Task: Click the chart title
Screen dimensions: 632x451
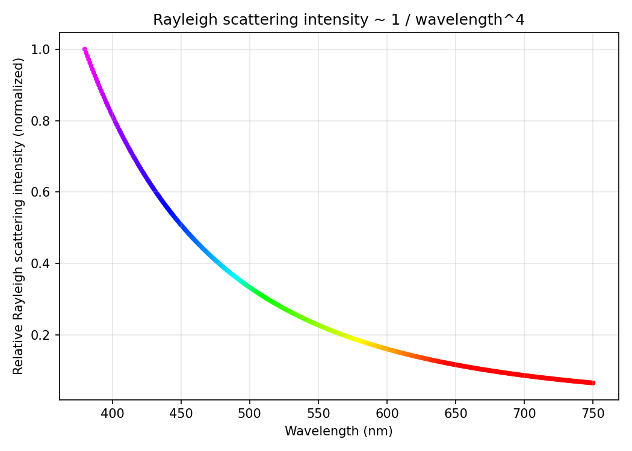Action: pos(338,19)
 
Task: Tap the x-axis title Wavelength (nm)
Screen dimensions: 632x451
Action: pos(338,431)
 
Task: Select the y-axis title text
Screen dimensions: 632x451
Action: pos(18,216)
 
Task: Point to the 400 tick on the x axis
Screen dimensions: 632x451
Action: pos(113,413)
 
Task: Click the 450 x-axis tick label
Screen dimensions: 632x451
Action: pos(181,413)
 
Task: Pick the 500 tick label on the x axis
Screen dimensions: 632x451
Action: pos(250,413)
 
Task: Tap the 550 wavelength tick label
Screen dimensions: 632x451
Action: pos(318,413)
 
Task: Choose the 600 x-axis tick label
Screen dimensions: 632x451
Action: pos(387,413)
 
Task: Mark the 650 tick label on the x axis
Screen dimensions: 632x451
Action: pos(456,413)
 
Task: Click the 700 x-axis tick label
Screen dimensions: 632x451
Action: pos(524,413)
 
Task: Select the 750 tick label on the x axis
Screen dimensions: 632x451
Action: pos(593,413)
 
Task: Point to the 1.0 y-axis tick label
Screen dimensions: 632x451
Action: pos(40,49)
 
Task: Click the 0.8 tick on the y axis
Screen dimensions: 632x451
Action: pos(40,121)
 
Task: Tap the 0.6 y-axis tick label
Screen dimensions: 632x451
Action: pos(40,192)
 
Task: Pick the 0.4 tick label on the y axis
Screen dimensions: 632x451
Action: pos(40,263)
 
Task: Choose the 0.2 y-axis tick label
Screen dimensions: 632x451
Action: pos(40,335)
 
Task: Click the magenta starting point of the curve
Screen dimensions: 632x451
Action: pos(85,49)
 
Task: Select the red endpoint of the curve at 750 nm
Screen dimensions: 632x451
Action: pos(593,383)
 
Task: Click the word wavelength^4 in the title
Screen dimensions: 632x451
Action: pos(470,20)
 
